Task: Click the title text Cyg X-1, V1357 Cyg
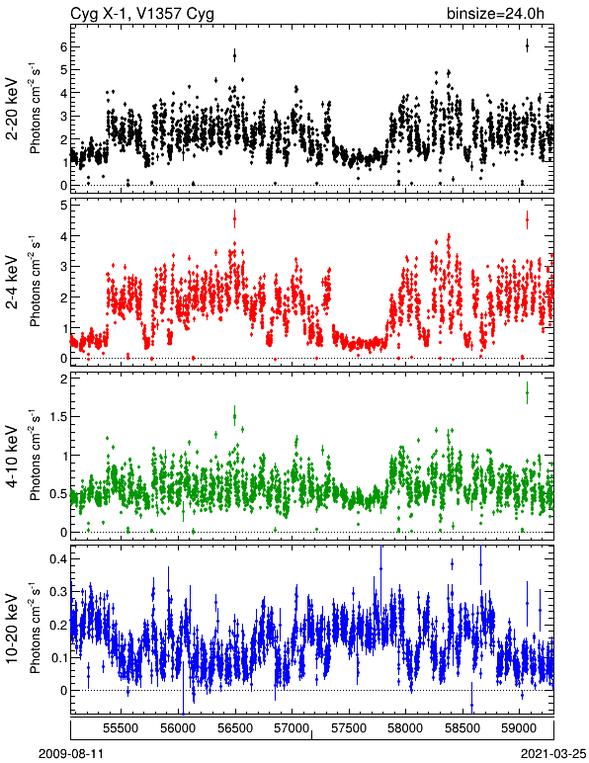pos(142,14)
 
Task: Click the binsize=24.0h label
pos(495,14)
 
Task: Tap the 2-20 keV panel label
pos(12,109)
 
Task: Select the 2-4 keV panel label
pos(12,284)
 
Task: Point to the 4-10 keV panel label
pos(12,457)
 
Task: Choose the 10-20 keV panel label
pos(12,629)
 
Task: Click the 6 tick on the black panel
pos(63,47)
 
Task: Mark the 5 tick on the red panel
pos(63,206)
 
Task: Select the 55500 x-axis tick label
pos(122,728)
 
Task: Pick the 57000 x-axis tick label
pos(292,728)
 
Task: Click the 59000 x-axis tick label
pos(519,728)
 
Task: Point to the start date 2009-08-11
pos(71,754)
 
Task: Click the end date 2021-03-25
pos(553,754)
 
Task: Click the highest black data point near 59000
pos(527,46)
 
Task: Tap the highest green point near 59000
pos(527,393)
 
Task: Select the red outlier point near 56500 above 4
pos(235,219)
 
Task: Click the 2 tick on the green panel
pos(63,380)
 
